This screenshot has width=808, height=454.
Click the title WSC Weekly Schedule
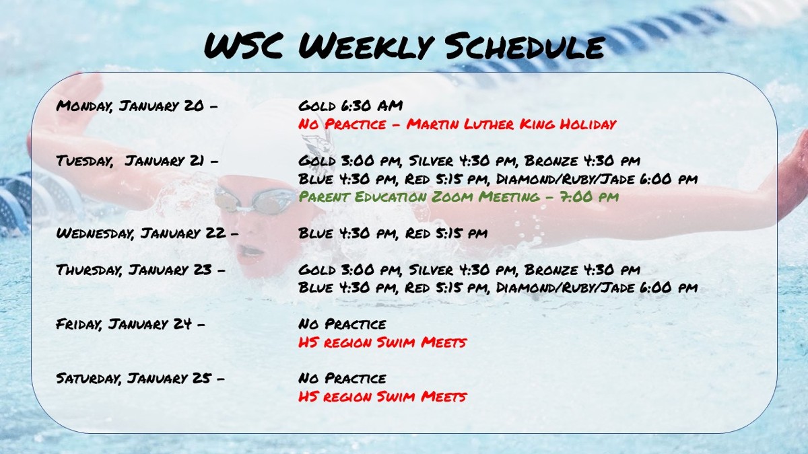[x=405, y=46]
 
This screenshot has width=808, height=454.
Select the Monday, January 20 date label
[x=137, y=106]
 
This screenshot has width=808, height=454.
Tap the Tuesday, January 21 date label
[x=137, y=160]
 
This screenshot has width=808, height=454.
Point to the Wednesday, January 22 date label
[x=147, y=233]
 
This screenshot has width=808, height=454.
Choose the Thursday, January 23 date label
[x=141, y=270]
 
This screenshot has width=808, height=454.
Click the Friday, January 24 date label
[x=130, y=324]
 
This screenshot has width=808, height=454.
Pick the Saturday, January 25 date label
[x=140, y=378]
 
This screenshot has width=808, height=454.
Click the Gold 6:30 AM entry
[x=350, y=106]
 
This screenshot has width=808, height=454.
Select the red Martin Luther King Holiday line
[x=457, y=124]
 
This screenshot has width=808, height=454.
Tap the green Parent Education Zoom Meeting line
[x=459, y=196]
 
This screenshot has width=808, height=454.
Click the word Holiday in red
[x=588, y=124]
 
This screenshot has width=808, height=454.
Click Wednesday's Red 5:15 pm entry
[x=446, y=233]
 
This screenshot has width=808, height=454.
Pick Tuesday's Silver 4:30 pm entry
[x=462, y=160]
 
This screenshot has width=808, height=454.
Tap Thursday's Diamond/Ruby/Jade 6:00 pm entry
[x=597, y=288]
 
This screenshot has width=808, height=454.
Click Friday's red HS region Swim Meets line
[x=382, y=342]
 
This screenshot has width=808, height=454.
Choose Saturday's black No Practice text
[x=342, y=378]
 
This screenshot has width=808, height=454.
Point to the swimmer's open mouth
[x=250, y=250]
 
